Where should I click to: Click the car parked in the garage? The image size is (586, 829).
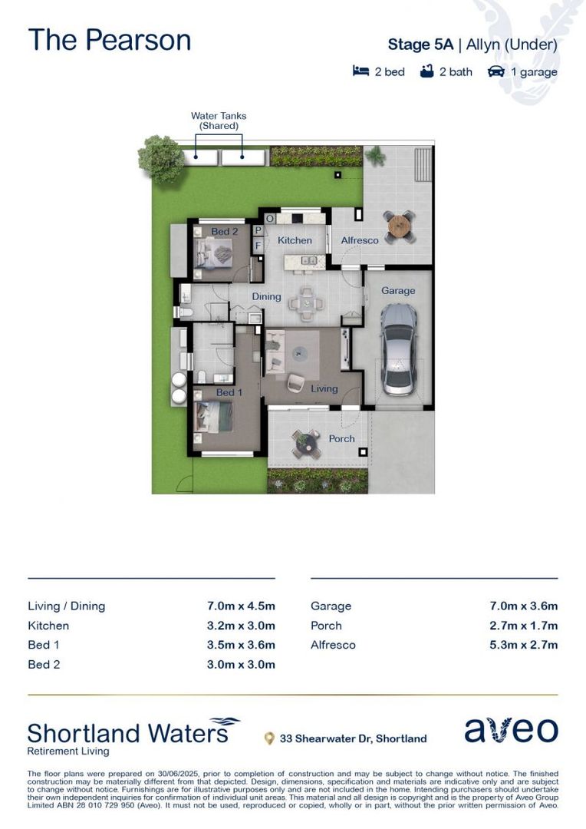[x=398, y=349]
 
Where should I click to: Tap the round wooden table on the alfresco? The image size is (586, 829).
[x=400, y=226]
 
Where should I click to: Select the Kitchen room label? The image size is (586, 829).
[x=295, y=240]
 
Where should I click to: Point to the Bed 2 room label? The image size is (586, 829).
[x=225, y=231]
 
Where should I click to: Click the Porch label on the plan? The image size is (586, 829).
[x=341, y=438]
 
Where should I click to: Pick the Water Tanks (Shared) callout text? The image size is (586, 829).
[x=219, y=121]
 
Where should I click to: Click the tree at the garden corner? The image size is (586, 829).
[x=160, y=159]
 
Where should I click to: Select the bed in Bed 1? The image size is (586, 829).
[x=213, y=417]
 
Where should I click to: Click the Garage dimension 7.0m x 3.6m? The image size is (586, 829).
[x=523, y=606]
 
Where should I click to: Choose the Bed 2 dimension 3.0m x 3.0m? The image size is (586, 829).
[x=241, y=665]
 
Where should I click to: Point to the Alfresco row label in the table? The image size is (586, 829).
[x=333, y=645]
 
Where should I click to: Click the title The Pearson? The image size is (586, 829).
[x=110, y=40]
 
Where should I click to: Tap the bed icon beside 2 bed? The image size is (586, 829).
[x=361, y=71]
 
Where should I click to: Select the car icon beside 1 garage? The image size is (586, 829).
[x=496, y=71]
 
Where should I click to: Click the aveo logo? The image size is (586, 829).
[x=511, y=730]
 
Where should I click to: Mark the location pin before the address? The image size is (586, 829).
[x=269, y=738]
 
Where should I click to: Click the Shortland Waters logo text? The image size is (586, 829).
[x=128, y=733]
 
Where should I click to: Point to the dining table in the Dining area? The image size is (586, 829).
[x=306, y=303]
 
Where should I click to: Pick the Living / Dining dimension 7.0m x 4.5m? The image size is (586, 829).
[x=241, y=606]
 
